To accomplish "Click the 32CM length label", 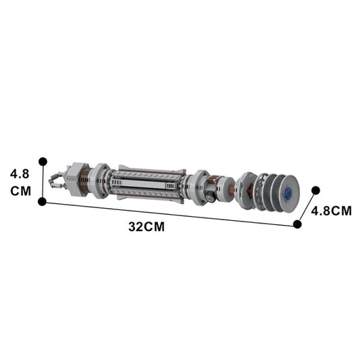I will tap(147, 227).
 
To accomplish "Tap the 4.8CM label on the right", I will tap(331, 211).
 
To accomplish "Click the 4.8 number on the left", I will tap(20, 174).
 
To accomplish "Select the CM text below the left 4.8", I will tap(20, 190).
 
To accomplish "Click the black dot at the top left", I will tap(43, 161).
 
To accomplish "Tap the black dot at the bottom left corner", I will tap(43, 201).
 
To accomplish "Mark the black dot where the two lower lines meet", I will tap(297, 224).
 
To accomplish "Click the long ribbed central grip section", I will tap(149, 183).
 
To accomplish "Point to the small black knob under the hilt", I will tap(211, 198).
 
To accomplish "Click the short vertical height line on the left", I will tap(43, 182).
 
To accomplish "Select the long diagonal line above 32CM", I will tap(169, 213).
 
